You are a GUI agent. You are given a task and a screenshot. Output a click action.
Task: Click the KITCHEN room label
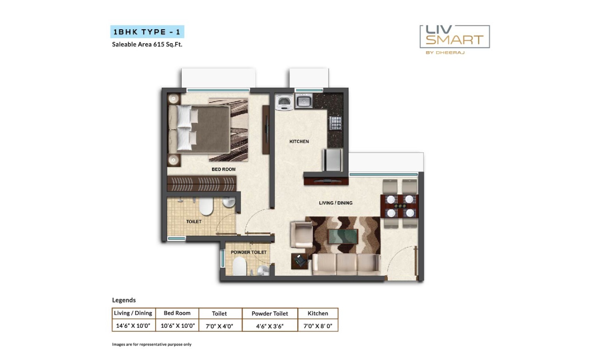299,141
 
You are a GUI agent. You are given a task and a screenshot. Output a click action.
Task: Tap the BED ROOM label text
224,169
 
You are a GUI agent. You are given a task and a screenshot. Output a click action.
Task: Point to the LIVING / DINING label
336,203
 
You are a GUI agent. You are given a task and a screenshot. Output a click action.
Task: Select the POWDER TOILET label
249,252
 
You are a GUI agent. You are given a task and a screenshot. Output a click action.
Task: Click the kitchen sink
304,100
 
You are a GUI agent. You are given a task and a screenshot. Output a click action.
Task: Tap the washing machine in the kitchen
285,102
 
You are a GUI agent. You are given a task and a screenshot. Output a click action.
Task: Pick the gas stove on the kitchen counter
335,123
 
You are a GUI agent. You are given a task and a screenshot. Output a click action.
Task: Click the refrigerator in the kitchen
332,160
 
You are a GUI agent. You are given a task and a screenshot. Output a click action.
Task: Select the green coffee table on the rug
343,236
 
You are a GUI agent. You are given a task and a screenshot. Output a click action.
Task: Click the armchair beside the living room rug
301,234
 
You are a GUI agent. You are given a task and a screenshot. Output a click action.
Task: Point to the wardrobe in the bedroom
202,183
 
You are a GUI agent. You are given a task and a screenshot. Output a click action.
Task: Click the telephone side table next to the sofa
299,261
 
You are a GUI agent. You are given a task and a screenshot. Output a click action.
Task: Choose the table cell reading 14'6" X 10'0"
133,326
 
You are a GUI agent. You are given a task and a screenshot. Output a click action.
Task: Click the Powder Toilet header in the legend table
270,313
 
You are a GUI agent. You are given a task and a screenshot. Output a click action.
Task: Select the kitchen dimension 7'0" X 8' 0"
318,326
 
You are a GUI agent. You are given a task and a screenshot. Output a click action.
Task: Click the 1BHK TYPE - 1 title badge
147,32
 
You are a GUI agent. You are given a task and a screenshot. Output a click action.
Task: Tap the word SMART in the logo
455,40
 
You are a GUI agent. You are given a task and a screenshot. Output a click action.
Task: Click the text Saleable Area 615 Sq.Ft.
147,44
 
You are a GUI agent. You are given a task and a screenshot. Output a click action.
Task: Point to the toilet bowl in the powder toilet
239,266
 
